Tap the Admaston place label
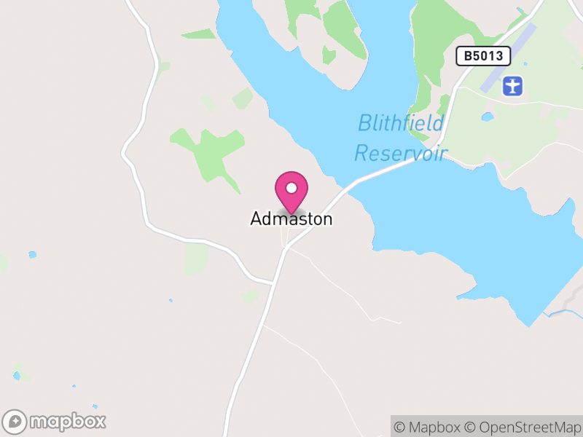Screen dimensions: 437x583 [x=291, y=219]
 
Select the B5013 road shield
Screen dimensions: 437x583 [x=482, y=56]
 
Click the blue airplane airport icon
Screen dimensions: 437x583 [x=514, y=86]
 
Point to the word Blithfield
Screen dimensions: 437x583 [x=400, y=123]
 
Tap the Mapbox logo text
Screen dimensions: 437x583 [x=68, y=421]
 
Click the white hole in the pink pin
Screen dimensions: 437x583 [x=291, y=188]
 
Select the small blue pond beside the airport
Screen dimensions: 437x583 [x=488, y=116]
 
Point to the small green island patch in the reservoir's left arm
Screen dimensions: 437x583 [x=329, y=55]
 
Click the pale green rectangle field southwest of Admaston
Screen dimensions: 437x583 [x=197, y=259]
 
